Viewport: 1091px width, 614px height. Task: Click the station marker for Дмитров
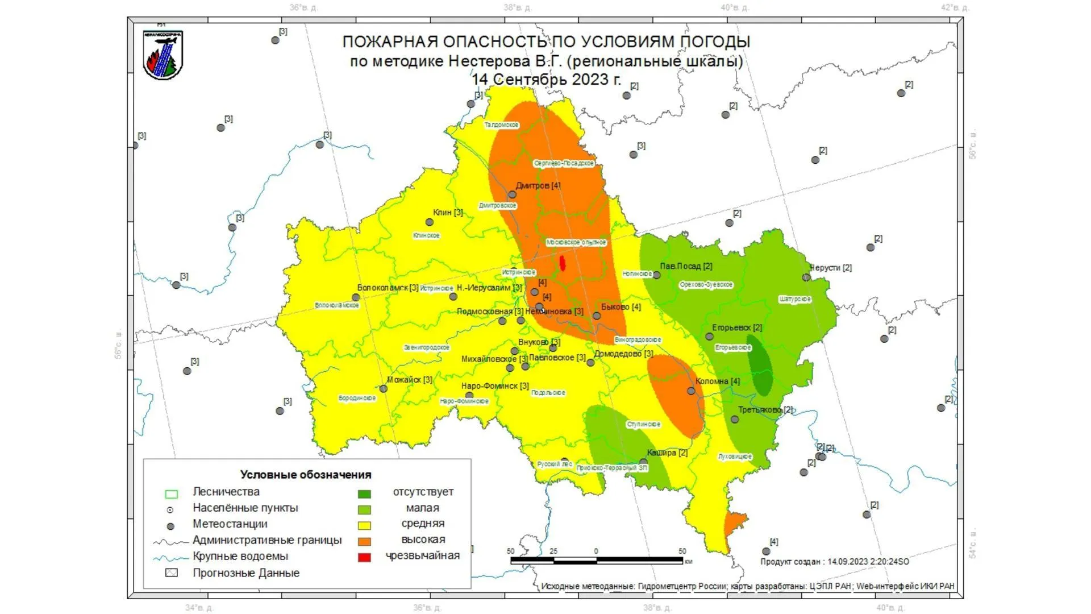pos(512,194)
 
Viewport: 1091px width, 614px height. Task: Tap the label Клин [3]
pos(448,213)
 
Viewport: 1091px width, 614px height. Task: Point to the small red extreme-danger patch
pos(563,263)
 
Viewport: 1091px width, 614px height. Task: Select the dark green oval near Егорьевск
pos(760,366)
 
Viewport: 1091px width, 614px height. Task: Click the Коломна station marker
pos(691,391)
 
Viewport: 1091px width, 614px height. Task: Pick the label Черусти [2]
pos(831,267)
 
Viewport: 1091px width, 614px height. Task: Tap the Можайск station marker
pos(384,389)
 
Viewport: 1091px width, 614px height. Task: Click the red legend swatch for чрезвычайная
pos(364,557)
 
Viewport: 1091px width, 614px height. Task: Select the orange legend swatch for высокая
pos(364,541)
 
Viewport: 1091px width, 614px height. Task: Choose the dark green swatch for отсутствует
pos(364,493)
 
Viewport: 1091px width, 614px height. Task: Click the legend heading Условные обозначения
pos(306,475)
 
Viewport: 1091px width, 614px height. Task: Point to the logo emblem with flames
pos(163,55)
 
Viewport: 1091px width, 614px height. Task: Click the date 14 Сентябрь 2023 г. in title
pos(546,79)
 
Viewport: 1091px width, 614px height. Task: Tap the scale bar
pos(597,561)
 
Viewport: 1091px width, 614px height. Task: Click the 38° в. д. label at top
pos(517,7)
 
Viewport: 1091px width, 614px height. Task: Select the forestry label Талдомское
pos(501,125)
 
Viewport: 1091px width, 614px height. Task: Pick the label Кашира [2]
pos(667,453)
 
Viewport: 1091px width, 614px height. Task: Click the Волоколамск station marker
pos(356,297)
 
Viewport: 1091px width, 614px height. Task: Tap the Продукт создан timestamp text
pos(834,562)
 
